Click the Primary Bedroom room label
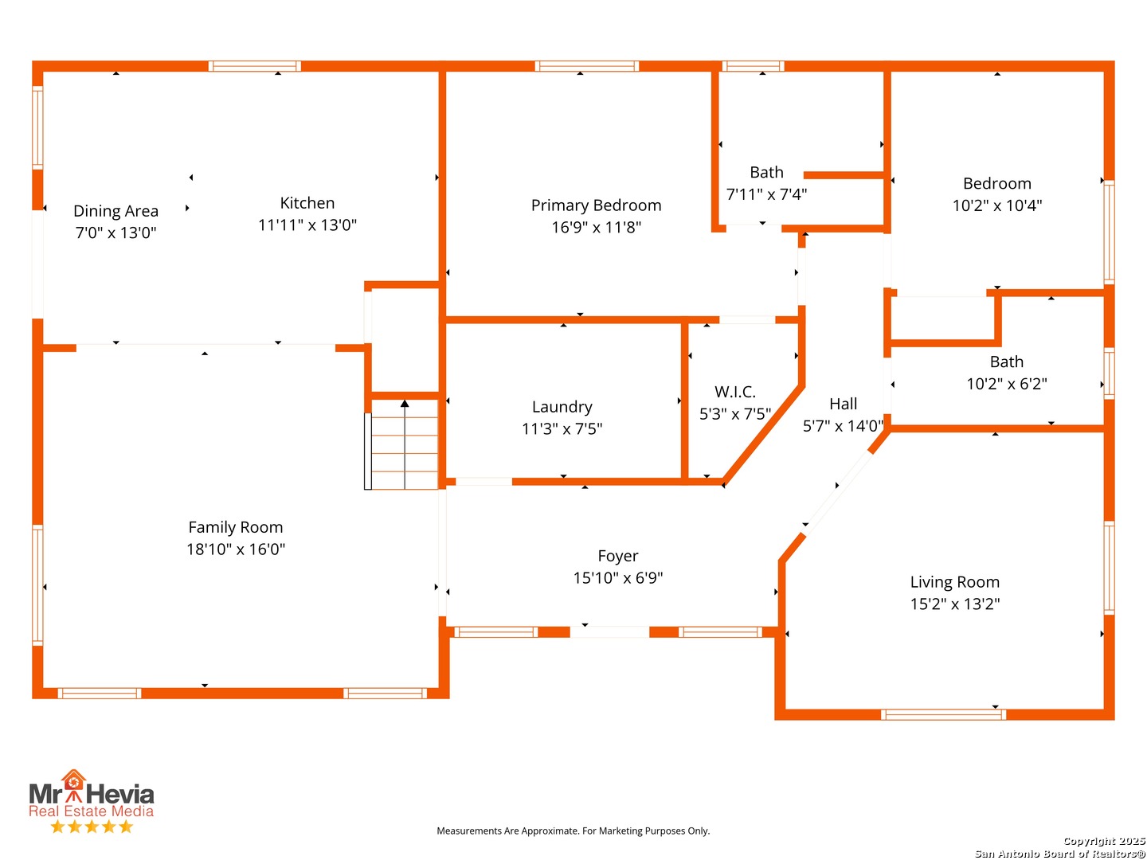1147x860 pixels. click(596, 205)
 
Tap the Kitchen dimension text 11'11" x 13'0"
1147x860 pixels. click(307, 225)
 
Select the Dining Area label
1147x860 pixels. click(115, 211)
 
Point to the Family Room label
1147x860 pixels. click(235, 527)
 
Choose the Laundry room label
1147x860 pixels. click(562, 407)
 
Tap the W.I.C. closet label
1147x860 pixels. click(734, 392)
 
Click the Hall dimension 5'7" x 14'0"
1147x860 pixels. click(843, 426)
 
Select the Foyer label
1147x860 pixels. click(617, 556)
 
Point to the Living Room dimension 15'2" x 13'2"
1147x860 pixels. click(954, 604)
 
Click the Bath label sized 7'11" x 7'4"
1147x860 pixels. click(766, 173)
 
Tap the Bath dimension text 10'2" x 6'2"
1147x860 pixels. click(1006, 384)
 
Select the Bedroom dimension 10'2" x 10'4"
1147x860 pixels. click(996, 205)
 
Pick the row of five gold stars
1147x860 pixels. click(91, 827)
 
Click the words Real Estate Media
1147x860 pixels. click(91, 811)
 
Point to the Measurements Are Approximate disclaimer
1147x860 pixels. click(573, 831)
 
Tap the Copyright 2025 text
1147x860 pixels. click(1103, 841)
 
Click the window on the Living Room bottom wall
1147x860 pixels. click(943, 714)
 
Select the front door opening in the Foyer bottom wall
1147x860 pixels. click(609, 632)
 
